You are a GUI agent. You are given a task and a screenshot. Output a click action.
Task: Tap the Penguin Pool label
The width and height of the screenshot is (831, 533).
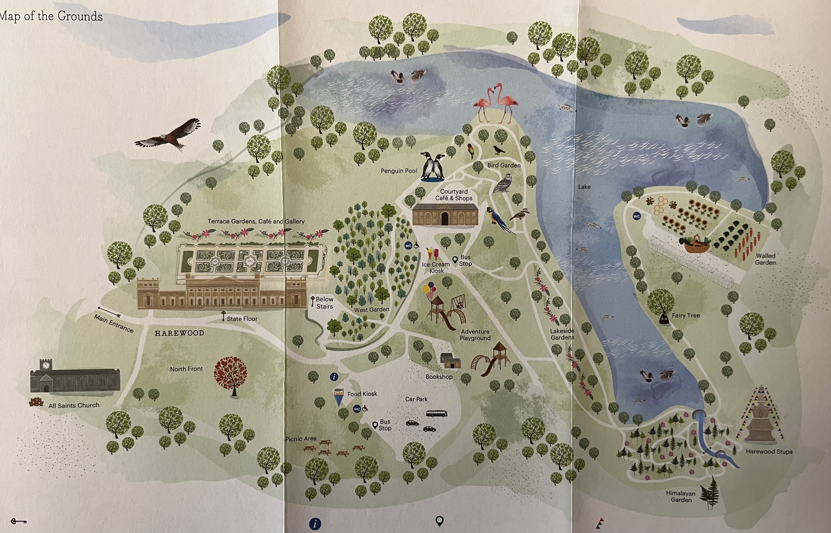399,171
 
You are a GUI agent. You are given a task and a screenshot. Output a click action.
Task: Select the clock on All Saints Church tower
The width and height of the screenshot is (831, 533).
46,365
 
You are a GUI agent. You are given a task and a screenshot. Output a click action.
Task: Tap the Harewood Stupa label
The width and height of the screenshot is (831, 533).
769,451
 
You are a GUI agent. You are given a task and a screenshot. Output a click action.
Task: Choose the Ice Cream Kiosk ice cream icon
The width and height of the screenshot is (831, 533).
433,254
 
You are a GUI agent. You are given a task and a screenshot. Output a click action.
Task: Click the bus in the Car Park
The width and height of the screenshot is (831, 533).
436,413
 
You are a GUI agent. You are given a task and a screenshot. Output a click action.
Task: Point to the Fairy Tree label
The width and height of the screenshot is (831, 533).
686,315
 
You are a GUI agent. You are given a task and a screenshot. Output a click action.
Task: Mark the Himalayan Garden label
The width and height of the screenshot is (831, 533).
681,496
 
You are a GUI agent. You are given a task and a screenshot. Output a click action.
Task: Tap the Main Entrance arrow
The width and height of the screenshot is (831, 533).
109,312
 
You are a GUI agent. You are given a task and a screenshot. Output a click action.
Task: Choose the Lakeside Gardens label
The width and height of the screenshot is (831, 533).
562,334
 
